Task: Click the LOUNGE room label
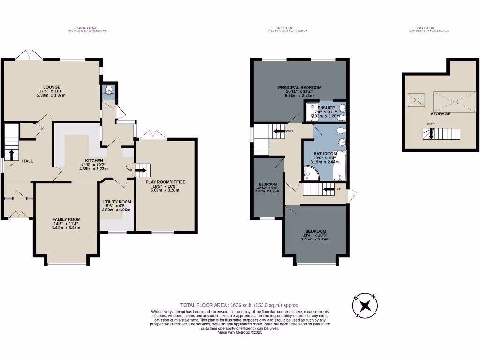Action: [x=52, y=87]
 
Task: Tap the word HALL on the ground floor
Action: [x=28, y=161]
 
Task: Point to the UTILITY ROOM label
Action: [x=117, y=202]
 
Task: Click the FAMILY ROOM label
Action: [x=66, y=219]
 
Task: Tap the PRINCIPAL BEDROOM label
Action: [x=300, y=87]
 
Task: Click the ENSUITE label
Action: [x=326, y=108]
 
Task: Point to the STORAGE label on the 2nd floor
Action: [x=440, y=114]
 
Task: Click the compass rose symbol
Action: [x=366, y=306]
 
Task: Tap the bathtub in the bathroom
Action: [x=340, y=167]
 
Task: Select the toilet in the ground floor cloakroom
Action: [x=109, y=90]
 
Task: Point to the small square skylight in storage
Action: [x=416, y=100]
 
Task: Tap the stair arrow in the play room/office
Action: [x=141, y=171]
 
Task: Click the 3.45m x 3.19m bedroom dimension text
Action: [x=315, y=239]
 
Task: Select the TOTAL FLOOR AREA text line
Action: [x=240, y=304]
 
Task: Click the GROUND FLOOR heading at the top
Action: [x=88, y=28]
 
